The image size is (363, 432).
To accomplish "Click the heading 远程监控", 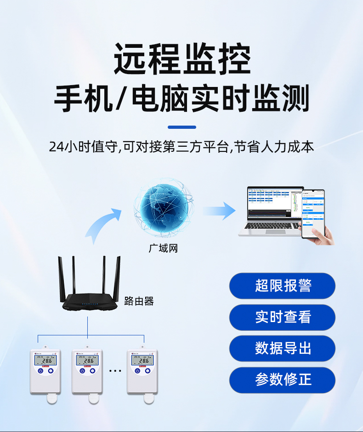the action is coord(181,60).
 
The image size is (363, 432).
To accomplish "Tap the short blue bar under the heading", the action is coord(181,127).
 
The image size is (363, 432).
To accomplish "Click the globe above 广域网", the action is coord(163,209).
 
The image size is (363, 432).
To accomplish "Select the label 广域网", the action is coord(163,248).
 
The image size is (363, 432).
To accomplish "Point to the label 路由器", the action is coord(139,301).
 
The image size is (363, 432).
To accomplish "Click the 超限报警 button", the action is coord(282,286).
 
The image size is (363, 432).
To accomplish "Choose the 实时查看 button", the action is coord(282,317).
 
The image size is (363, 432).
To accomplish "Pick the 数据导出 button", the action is coord(282,348).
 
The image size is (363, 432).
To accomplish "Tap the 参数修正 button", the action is coord(282,380).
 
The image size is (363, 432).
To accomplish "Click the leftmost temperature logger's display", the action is coord(45,359).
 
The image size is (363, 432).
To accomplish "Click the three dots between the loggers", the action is coord(115,370).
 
